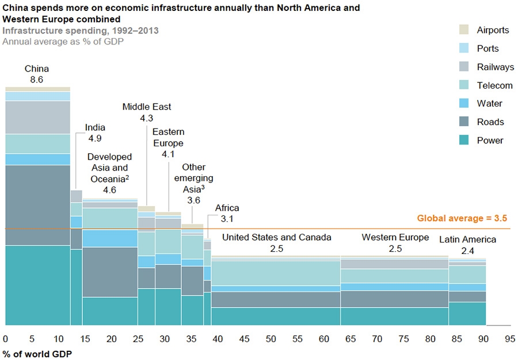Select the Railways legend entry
point(495,67)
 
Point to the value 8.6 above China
point(36,80)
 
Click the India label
point(95,127)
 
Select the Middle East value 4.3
point(146,118)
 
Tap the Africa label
point(227,208)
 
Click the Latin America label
point(467,240)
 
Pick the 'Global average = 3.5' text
point(462,219)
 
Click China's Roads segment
point(37,204)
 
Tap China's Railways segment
point(37,118)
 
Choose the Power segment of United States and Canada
point(276,316)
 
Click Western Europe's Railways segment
point(394,264)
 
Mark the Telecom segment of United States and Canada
point(276,273)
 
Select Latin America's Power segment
point(467,313)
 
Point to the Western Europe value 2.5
point(395,249)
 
